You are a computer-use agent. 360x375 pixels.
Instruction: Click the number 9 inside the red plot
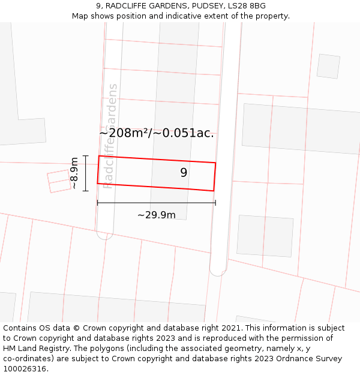(184, 173)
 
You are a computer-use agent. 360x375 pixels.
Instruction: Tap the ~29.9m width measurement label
(156, 215)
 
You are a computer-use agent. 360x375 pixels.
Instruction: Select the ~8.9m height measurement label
(74, 173)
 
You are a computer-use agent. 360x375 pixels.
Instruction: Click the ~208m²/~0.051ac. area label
(157, 133)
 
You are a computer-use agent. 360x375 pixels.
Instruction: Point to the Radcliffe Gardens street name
(110, 136)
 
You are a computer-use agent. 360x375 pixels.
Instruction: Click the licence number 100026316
(25, 368)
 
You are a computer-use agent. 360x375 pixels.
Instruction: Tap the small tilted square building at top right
(328, 66)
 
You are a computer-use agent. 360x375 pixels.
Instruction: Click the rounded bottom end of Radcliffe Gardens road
(106, 233)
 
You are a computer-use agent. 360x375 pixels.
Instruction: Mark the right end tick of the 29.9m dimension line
(215, 203)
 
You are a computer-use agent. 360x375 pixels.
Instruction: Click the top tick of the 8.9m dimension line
(86, 156)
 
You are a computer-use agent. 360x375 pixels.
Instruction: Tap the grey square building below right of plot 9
(265, 236)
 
